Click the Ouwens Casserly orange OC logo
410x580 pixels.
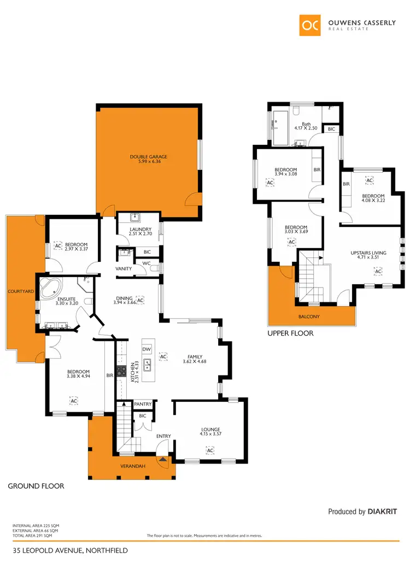pyautogui.click(x=310, y=25)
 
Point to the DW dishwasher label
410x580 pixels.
pyautogui.click(x=146, y=349)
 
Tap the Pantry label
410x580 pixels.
pyautogui.click(x=142, y=404)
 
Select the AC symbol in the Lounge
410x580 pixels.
pyautogui.click(x=210, y=450)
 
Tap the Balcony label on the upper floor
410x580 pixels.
pyautogui.click(x=309, y=316)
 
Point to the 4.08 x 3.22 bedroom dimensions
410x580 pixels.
pyautogui.click(x=373, y=201)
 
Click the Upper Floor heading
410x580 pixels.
pyautogui.click(x=290, y=332)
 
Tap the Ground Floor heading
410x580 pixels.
pyautogui.click(x=36, y=485)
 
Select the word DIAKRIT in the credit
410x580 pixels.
pyautogui.click(x=382, y=512)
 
